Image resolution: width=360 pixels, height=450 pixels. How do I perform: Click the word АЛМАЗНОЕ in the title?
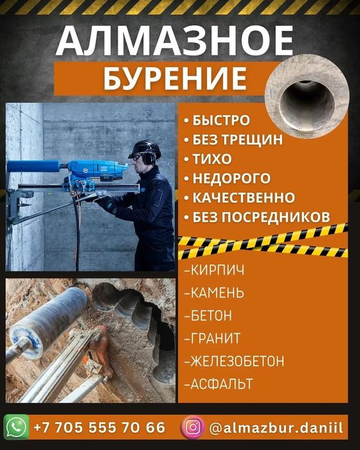point(175,40)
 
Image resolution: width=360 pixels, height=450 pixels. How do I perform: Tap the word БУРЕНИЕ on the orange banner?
point(175,78)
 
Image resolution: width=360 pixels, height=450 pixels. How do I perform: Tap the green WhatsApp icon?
point(16,427)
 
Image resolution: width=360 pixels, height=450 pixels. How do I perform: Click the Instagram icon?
point(193,428)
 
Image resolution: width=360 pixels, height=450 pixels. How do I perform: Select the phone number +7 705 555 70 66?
point(100,428)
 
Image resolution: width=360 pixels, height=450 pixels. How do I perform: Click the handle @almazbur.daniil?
point(276,428)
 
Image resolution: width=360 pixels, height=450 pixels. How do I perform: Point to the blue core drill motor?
point(94,171)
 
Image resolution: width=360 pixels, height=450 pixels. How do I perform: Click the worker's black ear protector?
point(148,159)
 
